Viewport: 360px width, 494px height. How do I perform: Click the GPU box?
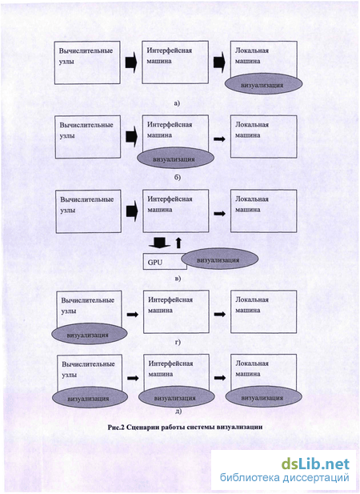(x=165, y=262)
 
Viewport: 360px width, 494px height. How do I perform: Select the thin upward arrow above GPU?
(x=178, y=243)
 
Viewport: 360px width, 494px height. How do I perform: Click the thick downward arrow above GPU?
(x=159, y=243)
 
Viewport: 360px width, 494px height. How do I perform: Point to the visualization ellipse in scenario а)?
(x=263, y=85)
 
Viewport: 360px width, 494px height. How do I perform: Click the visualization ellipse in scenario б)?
(x=175, y=159)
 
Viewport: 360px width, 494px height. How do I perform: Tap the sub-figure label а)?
(x=177, y=103)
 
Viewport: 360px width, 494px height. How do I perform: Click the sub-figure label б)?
(x=177, y=178)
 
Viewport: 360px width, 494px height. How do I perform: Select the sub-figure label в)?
(x=178, y=278)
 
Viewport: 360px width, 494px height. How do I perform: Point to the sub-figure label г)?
(x=178, y=342)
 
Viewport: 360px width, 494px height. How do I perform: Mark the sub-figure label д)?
(x=178, y=411)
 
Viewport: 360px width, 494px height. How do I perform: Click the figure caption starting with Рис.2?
(x=185, y=428)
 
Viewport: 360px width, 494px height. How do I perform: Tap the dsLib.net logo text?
(x=315, y=464)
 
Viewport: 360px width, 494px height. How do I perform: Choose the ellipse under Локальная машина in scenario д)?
(x=264, y=398)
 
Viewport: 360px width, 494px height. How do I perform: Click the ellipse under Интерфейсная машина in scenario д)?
(x=176, y=398)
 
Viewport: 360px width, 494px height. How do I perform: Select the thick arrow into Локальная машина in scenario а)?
(x=219, y=62)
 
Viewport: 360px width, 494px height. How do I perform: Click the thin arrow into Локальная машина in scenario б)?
(x=220, y=139)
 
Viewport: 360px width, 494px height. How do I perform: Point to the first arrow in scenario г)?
(x=133, y=314)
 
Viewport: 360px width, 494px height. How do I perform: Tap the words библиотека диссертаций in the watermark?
(x=285, y=478)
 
